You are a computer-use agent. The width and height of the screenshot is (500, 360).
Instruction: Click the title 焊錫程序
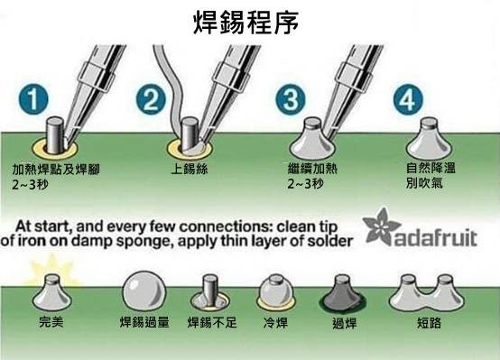point(245,22)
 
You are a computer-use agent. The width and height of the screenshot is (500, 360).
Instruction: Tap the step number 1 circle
point(33,99)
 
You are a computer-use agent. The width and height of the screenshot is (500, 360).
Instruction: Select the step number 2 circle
point(151,99)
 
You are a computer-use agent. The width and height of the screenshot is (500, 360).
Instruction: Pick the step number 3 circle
point(291,99)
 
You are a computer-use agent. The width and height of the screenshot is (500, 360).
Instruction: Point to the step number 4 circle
point(408,99)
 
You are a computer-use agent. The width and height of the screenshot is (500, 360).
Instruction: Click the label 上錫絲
point(190,169)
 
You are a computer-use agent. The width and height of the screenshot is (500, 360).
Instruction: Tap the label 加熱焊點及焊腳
point(56,169)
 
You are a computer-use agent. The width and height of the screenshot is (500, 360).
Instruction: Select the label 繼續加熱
point(312,168)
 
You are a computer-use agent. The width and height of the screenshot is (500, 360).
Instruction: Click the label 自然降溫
point(431,168)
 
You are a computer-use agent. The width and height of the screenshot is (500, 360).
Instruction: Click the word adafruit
point(436,237)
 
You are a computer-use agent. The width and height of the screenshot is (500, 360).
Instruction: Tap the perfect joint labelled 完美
point(52,293)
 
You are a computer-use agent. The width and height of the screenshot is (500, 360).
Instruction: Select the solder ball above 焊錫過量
point(144,291)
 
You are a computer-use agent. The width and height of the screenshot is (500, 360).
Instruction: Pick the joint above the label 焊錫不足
point(210,294)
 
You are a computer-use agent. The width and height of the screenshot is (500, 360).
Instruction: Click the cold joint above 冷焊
point(275,292)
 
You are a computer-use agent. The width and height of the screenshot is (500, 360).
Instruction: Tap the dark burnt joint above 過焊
point(343,293)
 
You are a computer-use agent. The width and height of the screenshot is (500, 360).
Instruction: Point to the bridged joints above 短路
point(427,293)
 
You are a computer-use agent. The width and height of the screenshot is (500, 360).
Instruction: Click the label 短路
point(429,323)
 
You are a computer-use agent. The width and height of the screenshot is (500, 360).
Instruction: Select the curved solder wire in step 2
point(171,89)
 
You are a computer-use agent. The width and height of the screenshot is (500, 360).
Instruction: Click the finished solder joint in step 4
point(429,138)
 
